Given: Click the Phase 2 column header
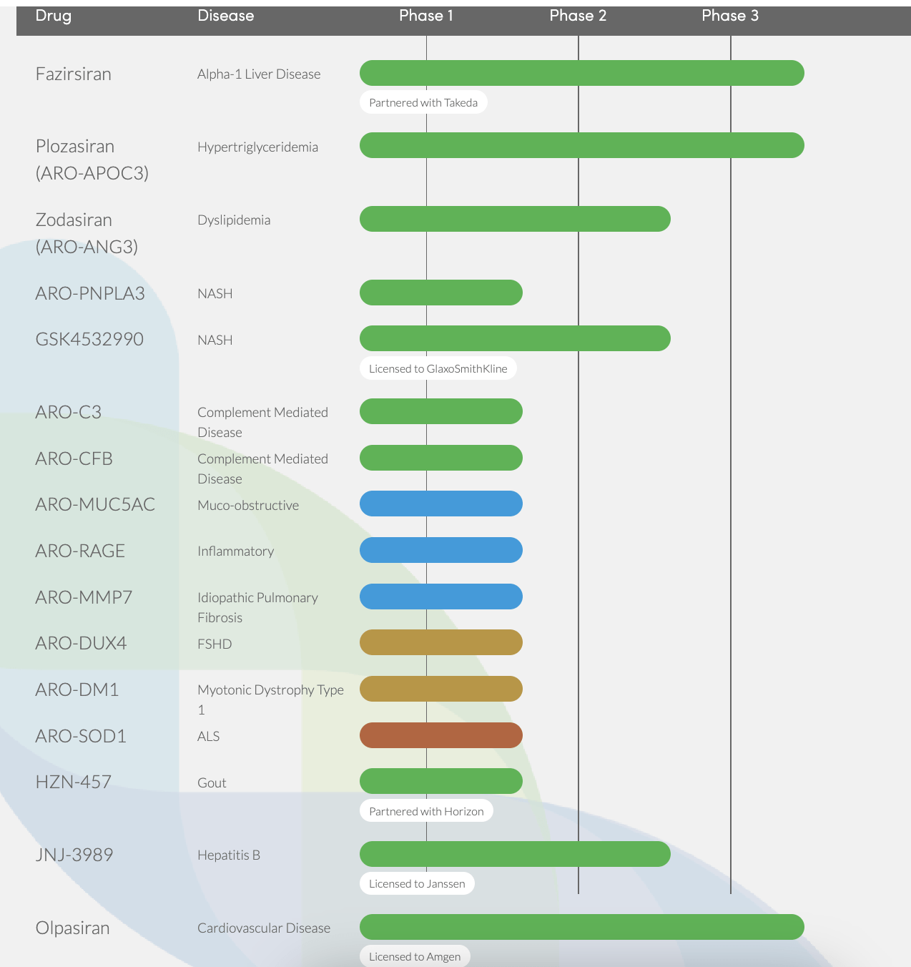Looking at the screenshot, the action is pos(578,16).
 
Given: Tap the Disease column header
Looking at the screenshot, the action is pos(226,16).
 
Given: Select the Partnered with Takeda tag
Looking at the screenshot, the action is pos(423,102).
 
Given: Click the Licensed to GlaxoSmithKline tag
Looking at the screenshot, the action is pos(438,368).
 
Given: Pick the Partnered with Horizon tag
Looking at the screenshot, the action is pos(426,811).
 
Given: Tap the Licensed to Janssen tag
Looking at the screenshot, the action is pos(417,883).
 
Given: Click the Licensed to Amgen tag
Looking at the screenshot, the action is pos(415,956).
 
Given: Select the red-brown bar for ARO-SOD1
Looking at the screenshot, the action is pos(441,735).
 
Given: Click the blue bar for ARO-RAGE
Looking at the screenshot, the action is pos(441,550).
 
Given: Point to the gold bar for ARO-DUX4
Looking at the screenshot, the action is pos(441,642).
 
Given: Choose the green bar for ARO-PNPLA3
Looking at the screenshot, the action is pos(441,293).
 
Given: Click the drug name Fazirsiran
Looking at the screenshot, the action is pos(74,74).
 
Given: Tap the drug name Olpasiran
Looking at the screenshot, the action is pos(73,928).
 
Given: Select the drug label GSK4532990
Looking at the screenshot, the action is pos(89,339).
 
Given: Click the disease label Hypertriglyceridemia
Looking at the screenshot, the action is pos(257,147).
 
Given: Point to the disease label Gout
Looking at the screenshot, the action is pos(212,783).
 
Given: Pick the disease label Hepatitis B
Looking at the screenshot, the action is pos(229,855).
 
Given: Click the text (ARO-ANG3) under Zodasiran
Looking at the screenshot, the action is pos(87,247).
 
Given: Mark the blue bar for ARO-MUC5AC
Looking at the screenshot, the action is pos(441,504).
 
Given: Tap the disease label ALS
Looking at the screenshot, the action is pos(209,737).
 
